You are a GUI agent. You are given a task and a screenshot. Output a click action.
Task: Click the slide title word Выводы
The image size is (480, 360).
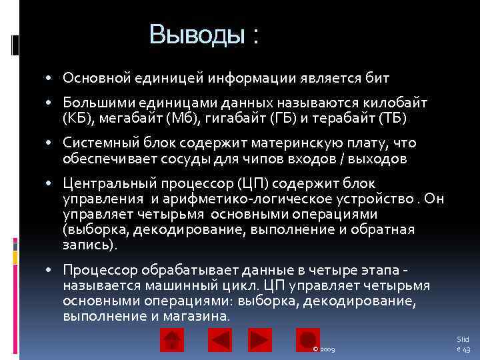(x=197, y=34)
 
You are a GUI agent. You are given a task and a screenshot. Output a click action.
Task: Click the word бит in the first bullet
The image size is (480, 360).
(x=377, y=79)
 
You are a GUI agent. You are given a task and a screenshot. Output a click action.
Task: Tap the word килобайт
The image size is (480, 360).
(x=397, y=104)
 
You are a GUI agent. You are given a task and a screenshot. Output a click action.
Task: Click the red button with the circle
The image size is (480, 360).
(x=307, y=341)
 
